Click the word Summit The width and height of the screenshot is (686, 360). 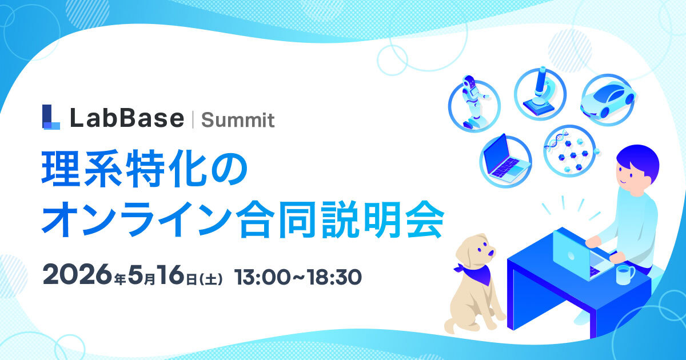coord(238,120)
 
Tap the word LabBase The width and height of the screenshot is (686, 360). coord(126,118)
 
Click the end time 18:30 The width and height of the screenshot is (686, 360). coord(334,277)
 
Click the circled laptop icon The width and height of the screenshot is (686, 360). coord(505,158)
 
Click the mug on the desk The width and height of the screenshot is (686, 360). coord(624,274)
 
